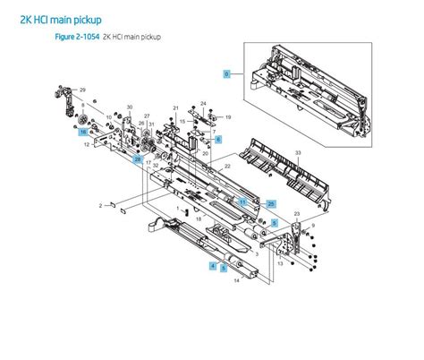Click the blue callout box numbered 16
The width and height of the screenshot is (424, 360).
pyautogui.click(x=82, y=133)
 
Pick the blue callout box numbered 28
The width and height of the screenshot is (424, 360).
pyautogui.click(x=137, y=159)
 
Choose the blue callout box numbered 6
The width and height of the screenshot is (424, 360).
pyautogui.click(x=217, y=140)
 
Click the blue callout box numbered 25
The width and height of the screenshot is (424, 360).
pyautogui.click(x=271, y=204)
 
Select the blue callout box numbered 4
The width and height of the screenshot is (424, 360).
pyautogui.click(x=212, y=265)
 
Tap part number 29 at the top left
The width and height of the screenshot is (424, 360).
pyautogui.click(x=82, y=91)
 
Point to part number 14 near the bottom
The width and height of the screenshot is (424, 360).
pyautogui.click(x=236, y=282)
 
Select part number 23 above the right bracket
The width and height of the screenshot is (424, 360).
pyautogui.click(x=297, y=213)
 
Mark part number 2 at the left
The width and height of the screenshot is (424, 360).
pyautogui.click(x=101, y=206)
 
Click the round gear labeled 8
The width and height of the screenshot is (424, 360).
pyautogui.click(x=81, y=119)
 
